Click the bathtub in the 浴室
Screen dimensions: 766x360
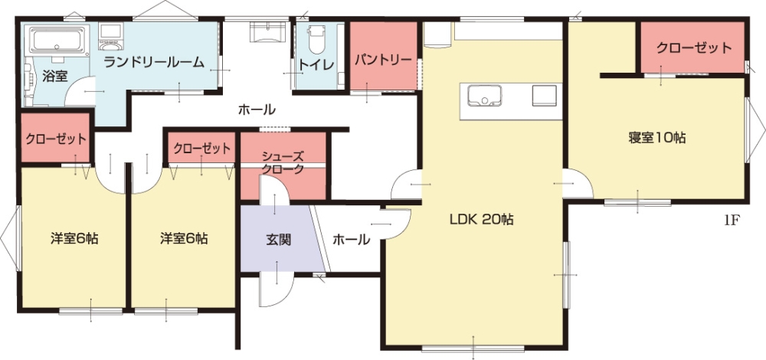57,39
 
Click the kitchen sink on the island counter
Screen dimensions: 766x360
484,95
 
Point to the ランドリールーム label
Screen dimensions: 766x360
154,62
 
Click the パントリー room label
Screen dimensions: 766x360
384,60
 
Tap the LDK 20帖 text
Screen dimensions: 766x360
481,220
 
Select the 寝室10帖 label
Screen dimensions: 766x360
657,138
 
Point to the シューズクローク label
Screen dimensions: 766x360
283,162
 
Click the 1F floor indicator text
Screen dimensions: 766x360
730,221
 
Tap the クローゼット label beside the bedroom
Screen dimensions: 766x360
694,47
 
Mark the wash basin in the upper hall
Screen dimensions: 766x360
267,33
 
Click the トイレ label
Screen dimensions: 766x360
316,65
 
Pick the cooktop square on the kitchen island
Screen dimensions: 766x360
544,95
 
